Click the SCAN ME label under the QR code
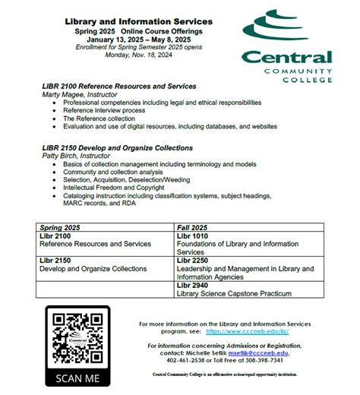[x=77, y=378]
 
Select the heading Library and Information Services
[x=138, y=21]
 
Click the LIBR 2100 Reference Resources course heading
[x=119, y=86]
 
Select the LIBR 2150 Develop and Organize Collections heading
[x=117, y=147]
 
